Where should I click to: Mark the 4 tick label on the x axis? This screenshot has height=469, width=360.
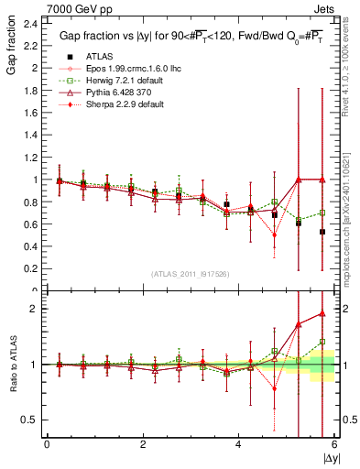238,444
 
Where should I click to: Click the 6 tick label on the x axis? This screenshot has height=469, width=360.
333,444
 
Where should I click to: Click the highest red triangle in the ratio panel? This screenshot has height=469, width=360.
322,313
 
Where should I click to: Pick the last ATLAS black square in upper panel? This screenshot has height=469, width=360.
322,232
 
